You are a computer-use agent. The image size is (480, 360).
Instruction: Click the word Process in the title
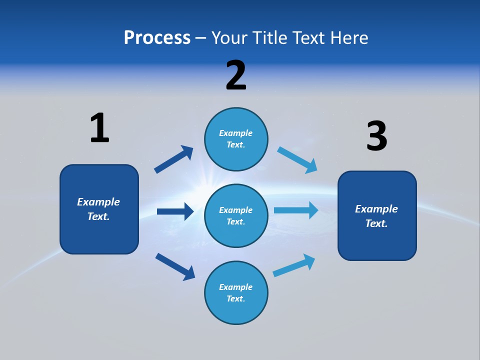(157, 37)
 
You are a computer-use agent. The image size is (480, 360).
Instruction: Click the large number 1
(99, 128)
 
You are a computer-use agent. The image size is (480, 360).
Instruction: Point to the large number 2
(236, 75)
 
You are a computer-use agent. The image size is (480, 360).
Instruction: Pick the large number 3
(376, 136)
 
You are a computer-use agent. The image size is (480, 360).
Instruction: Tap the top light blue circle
(236, 139)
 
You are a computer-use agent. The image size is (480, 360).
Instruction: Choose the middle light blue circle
(236, 216)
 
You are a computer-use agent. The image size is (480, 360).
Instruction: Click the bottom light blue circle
(236, 293)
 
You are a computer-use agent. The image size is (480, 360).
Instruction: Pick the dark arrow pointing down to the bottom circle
(175, 266)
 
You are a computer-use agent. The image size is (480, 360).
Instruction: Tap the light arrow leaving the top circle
(297, 160)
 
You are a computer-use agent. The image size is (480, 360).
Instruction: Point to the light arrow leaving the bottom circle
(294, 265)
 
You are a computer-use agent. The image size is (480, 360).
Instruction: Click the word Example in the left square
(98, 202)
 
